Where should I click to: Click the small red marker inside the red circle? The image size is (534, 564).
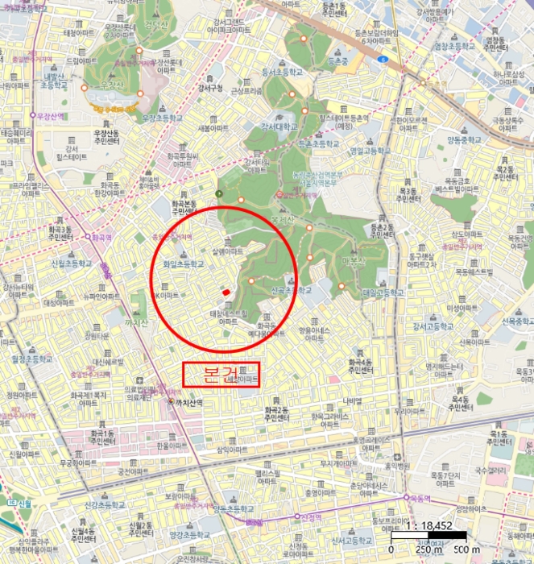[226, 292]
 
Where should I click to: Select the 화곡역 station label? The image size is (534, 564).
[99, 238]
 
